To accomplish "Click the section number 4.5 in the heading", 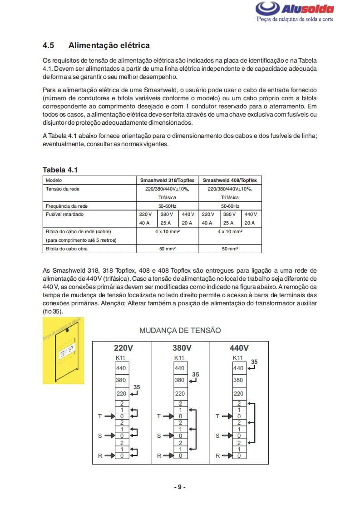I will coord(49,45).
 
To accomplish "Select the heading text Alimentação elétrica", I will coord(109,45).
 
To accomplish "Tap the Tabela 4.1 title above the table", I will coord(60,170).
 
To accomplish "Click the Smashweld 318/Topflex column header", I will coord(168,180).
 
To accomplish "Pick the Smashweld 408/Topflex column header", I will coord(230,180).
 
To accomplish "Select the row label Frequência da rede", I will coord(67,206).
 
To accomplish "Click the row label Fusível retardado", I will coord(65,214).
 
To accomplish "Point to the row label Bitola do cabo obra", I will coord(67,249).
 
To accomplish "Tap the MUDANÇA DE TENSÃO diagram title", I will coord(180,330).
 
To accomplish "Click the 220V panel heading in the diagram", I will coord(123,348).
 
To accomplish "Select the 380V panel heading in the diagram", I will coord(182,348).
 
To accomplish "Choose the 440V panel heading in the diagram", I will coord(239,348).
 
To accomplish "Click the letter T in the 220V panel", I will coord(100,416).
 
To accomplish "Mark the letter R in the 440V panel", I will coord(217,455).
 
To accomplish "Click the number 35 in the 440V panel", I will coord(254,362).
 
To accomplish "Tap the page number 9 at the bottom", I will coord(180,487).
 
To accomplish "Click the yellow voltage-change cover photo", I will coord(63,351).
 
